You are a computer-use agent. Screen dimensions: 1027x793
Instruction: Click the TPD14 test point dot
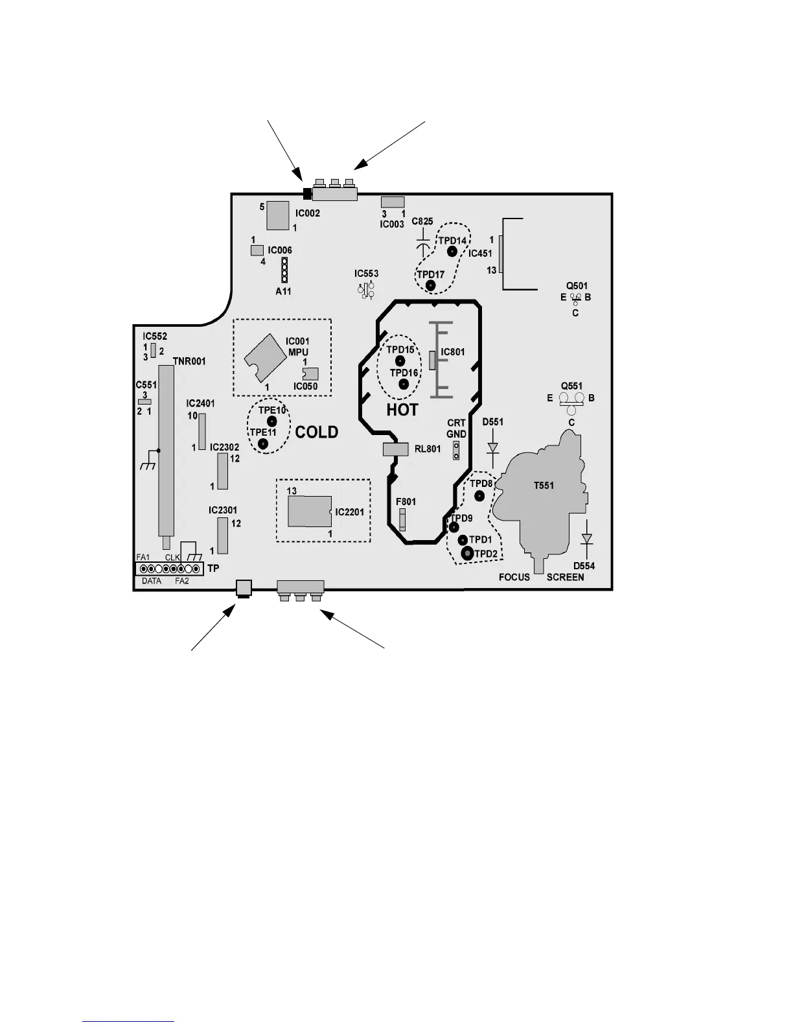pos(452,251)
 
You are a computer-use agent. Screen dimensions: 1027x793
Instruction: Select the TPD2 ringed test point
pos(466,554)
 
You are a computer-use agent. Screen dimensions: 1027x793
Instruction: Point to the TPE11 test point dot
pos(263,443)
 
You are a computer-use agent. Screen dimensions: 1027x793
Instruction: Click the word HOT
pos(402,410)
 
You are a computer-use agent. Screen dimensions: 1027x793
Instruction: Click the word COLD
pos(317,432)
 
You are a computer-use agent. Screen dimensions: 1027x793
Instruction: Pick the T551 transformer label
pos(544,485)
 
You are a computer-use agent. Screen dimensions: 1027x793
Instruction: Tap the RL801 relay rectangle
pos(395,449)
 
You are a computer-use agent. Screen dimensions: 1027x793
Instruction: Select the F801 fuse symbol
pos(403,519)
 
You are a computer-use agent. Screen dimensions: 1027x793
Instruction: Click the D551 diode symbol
pos(493,448)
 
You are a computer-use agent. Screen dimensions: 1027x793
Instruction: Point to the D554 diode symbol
pos(586,539)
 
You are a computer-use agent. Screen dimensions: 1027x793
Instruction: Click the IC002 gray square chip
pos(278,215)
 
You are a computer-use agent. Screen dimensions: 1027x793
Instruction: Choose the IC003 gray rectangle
pos(393,202)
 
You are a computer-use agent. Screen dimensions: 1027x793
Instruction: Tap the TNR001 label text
pos(189,361)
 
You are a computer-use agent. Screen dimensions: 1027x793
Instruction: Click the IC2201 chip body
pos(310,512)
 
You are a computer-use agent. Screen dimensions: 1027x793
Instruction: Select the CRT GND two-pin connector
pos(456,451)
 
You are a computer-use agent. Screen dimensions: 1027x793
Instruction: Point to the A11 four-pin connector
pos(284,270)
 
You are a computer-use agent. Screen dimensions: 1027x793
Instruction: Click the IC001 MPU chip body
pos(266,359)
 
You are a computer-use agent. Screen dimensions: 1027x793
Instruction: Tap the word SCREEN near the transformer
pos(565,577)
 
